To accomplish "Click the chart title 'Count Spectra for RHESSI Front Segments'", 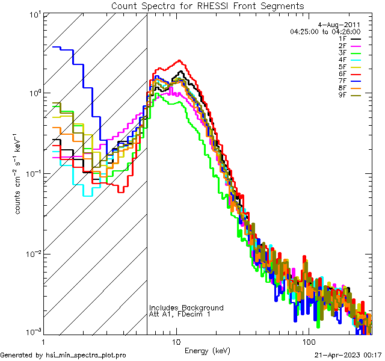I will tap(208, 6).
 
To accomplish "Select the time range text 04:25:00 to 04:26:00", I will tap(325, 31).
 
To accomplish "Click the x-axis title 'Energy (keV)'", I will tap(208, 350).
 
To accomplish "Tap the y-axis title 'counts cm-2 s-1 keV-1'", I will tap(19, 173).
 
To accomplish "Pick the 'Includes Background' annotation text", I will tap(186, 308).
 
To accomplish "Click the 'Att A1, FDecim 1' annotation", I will tap(180, 315).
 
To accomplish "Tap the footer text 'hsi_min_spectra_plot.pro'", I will tap(86, 355).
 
